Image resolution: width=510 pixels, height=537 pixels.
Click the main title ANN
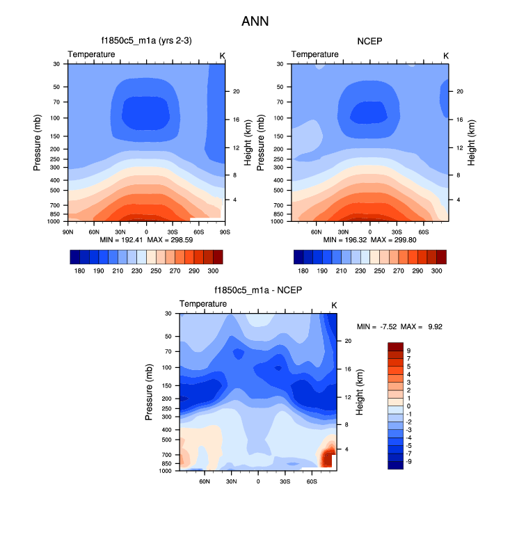[255, 22]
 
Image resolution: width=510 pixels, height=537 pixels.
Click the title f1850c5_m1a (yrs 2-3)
[146, 41]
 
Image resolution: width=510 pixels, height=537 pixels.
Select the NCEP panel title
[369, 41]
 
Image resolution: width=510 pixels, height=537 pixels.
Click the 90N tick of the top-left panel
[68, 230]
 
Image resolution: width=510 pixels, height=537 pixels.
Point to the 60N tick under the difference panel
[205, 481]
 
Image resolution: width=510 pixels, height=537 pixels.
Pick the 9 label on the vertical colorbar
[408, 351]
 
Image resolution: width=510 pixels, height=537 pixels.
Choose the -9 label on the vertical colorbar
[409, 460]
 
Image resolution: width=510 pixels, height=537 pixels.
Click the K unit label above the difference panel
[334, 305]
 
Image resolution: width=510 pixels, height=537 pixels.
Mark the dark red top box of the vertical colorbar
[395, 346]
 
